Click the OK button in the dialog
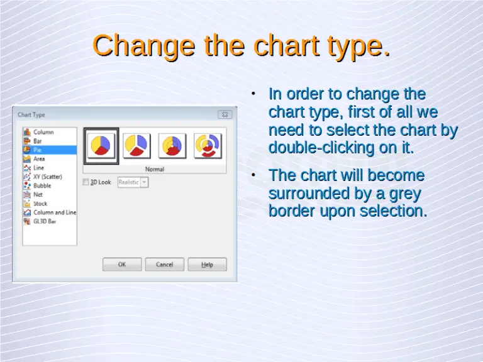[122, 265]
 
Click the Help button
[207, 265]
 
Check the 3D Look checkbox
[87, 182]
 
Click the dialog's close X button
[225, 115]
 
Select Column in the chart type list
[43, 132]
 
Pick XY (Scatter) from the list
[47, 177]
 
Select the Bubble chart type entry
[42, 186]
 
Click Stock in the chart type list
[40, 204]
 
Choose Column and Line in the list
[54, 212]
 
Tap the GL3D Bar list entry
[45, 221]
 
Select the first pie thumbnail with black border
[101, 145]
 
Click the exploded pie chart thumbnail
[136, 145]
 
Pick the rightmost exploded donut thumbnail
[207, 145]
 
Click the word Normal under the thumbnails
[155, 169]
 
